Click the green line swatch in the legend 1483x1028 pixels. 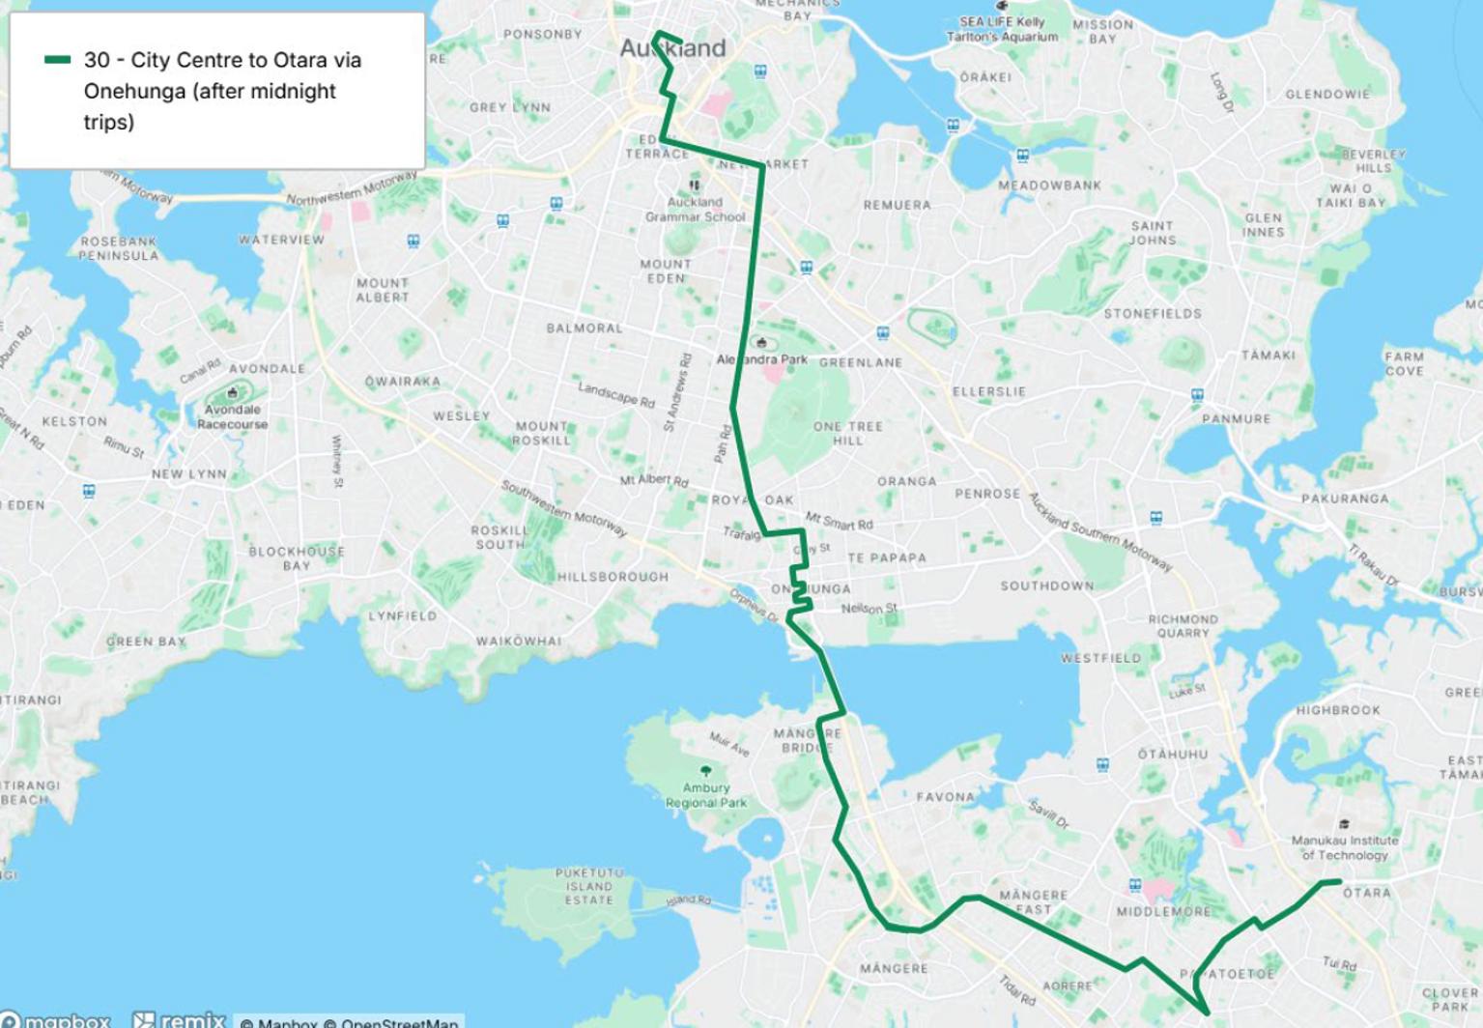coord(58,60)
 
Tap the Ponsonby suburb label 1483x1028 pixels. coord(542,34)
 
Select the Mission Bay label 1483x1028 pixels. coord(1102,32)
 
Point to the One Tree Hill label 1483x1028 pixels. coord(847,433)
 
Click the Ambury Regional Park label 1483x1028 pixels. coord(706,795)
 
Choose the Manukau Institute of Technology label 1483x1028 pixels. coord(1345,847)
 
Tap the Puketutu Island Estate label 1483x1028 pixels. coord(589,886)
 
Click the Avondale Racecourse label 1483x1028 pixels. coord(232,416)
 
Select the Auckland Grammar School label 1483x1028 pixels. coord(696,210)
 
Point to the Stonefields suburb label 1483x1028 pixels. coord(1153,314)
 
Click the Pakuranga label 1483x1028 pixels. coord(1345,499)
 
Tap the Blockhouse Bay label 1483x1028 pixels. coord(296,558)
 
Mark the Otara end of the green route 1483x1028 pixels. coord(1338,881)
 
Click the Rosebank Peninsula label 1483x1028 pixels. coord(119,248)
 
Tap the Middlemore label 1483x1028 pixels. coord(1163,911)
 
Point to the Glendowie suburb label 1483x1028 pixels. coord(1327,95)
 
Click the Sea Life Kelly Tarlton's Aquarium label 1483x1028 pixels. coord(1003,29)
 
